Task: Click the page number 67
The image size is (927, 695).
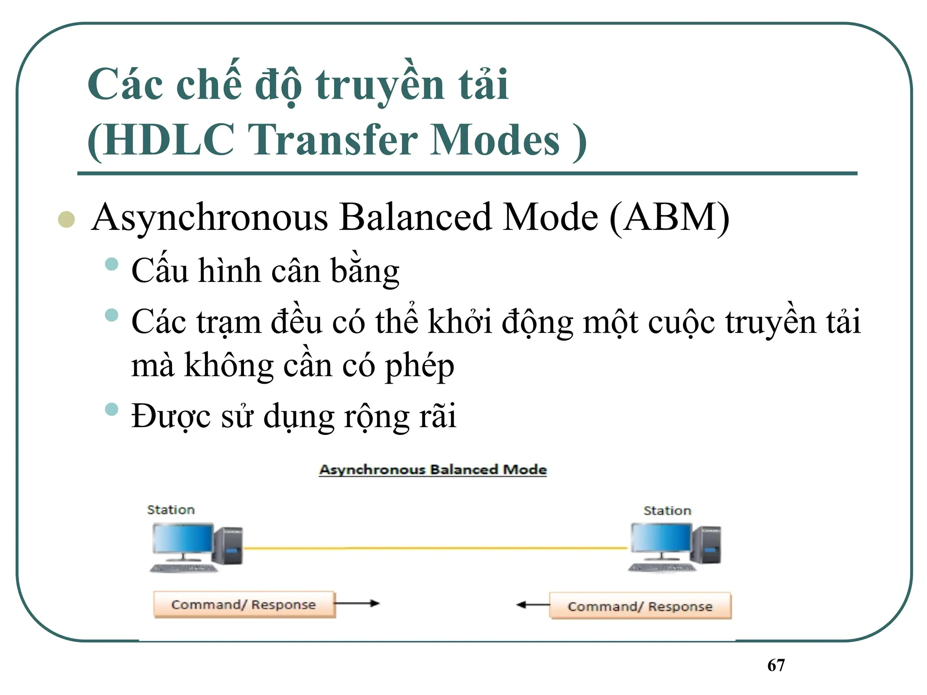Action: tap(776, 665)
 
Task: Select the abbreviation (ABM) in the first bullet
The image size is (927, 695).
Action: tap(669, 218)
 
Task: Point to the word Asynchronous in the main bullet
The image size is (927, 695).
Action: tap(209, 218)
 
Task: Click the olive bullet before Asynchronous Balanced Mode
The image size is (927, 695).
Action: tap(67, 219)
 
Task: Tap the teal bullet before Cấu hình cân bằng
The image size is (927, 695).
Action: tap(111, 264)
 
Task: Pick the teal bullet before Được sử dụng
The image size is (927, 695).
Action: tap(111, 409)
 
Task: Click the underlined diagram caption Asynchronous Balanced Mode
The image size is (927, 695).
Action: tap(433, 470)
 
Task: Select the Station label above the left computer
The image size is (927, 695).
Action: tap(171, 510)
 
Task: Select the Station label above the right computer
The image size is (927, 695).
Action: tap(667, 511)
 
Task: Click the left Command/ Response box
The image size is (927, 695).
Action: tap(244, 605)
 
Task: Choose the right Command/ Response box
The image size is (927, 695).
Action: tap(640, 606)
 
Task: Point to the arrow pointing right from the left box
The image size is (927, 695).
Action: tap(357, 603)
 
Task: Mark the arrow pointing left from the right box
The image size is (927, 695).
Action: tap(533, 605)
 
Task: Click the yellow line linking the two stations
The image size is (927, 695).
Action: tap(435, 548)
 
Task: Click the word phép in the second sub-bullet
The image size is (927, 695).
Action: tap(419, 366)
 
